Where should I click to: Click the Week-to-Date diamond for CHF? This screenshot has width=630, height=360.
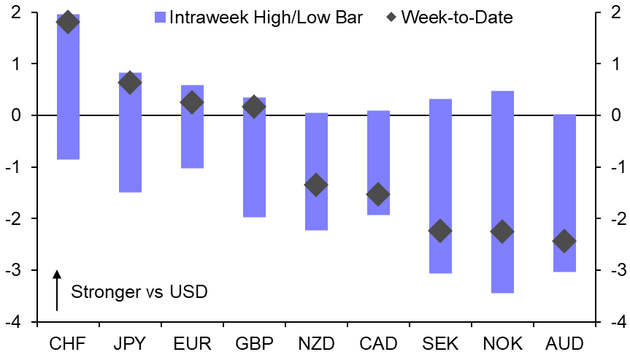(68, 22)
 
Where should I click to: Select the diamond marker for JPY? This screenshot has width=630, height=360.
(130, 83)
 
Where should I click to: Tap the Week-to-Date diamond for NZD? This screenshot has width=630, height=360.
(316, 185)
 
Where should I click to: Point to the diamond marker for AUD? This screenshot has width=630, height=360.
(564, 241)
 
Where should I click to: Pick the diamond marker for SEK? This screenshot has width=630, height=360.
(440, 231)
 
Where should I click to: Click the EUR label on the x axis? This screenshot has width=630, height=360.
(192, 342)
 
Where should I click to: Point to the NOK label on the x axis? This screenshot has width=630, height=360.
(502, 342)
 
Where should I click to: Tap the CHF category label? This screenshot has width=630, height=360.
(68, 342)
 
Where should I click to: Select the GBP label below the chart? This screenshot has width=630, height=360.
(254, 342)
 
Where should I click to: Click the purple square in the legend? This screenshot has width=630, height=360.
(161, 17)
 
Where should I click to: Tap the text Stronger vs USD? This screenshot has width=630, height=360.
(139, 292)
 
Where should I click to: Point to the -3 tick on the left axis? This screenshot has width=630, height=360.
(15, 271)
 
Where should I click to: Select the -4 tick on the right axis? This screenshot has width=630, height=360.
(617, 323)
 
